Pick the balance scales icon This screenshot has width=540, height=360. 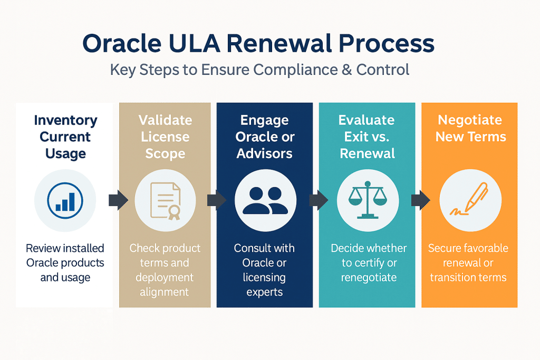point(368,201)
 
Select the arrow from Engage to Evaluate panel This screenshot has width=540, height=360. point(319,200)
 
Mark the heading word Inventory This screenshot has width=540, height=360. point(65,120)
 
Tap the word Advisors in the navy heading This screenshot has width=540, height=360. point(265,154)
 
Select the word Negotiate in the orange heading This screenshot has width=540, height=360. point(469,120)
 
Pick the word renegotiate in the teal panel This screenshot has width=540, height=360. point(369,277)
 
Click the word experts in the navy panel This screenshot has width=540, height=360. point(265,292)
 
